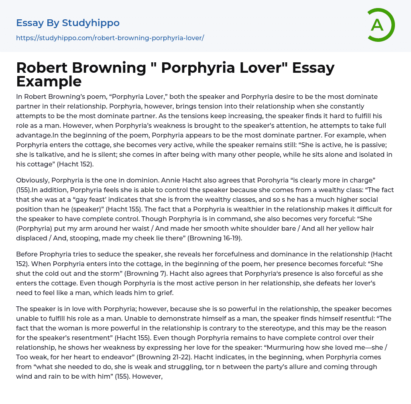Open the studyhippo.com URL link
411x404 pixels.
110,38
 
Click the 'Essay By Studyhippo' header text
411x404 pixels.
68,23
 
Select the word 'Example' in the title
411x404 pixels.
49,81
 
